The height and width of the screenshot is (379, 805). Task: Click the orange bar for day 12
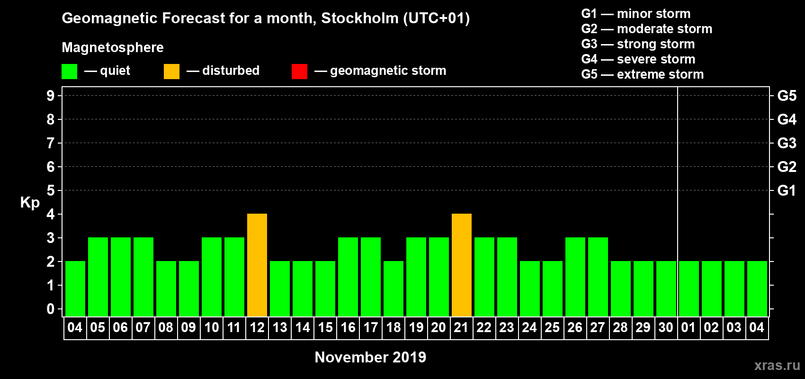(x=257, y=265)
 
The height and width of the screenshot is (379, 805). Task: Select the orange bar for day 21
(x=462, y=265)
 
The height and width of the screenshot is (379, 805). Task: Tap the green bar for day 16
(x=348, y=277)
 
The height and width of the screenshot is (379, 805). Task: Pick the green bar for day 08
(x=166, y=289)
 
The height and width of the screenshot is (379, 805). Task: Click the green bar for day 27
(x=598, y=277)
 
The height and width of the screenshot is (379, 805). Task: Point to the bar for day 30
(x=666, y=289)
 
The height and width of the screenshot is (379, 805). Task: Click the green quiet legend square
(x=70, y=72)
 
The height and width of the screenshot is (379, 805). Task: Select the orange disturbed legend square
(x=171, y=72)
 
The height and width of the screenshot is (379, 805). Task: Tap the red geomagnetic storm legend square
(x=299, y=72)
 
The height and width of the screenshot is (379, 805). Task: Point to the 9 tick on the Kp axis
(x=51, y=96)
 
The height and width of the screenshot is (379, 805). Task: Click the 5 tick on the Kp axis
(x=51, y=190)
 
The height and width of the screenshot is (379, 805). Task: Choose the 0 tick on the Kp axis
(x=51, y=309)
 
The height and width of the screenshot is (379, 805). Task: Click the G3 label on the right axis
(x=787, y=143)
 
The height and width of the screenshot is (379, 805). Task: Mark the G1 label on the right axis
(x=787, y=190)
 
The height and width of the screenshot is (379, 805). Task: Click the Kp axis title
(x=30, y=202)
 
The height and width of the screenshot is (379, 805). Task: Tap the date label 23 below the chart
(x=507, y=327)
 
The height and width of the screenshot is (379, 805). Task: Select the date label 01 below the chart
(x=689, y=327)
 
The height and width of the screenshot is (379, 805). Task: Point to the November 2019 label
(x=370, y=357)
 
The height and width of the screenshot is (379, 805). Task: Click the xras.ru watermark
(x=777, y=365)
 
